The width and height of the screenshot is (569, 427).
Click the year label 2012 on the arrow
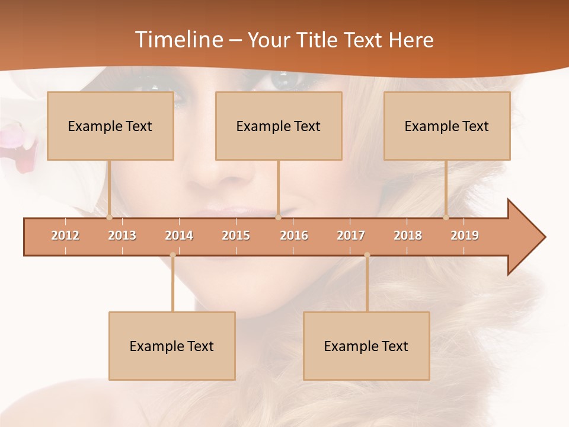[x=65, y=235]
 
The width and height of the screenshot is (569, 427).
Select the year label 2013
[x=122, y=235]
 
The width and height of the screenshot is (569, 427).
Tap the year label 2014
[x=179, y=235]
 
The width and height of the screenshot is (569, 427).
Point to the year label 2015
[x=236, y=235]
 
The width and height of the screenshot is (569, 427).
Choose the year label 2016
[x=294, y=235]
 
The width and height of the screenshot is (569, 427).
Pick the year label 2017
[x=351, y=235]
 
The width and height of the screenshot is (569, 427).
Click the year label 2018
[x=408, y=235]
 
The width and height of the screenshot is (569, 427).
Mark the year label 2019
[x=465, y=235]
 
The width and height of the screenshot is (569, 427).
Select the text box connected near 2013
[x=110, y=126]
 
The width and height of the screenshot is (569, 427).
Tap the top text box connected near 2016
[x=279, y=126]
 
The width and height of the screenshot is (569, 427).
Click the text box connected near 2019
[x=447, y=126]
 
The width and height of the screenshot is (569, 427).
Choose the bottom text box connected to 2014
[x=172, y=346]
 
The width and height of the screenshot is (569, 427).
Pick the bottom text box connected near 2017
[x=366, y=346]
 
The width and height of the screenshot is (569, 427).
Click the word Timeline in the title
[x=178, y=40]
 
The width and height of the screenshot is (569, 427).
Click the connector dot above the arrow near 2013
[x=109, y=217]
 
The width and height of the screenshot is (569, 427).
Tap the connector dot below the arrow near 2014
[x=172, y=255]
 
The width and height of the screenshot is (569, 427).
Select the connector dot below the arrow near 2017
[x=367, y=255]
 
